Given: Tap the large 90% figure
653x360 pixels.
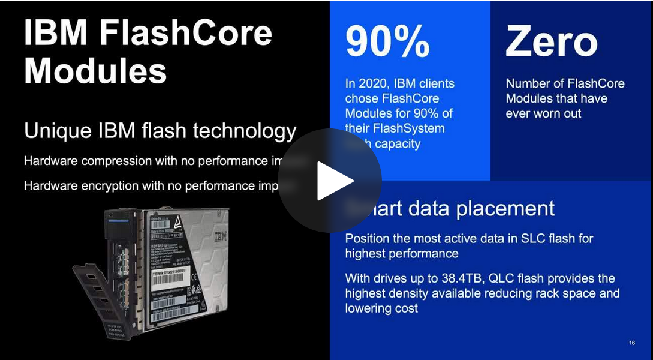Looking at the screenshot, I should click(387, 41).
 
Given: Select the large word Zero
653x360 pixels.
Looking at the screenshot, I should click(551, 41).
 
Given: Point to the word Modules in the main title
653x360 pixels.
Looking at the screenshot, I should click(95, 70).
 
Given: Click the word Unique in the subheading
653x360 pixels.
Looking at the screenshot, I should click(52, 131).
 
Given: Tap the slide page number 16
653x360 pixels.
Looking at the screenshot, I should click(632, 343).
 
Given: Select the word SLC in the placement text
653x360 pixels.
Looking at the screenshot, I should click(519, 238).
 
